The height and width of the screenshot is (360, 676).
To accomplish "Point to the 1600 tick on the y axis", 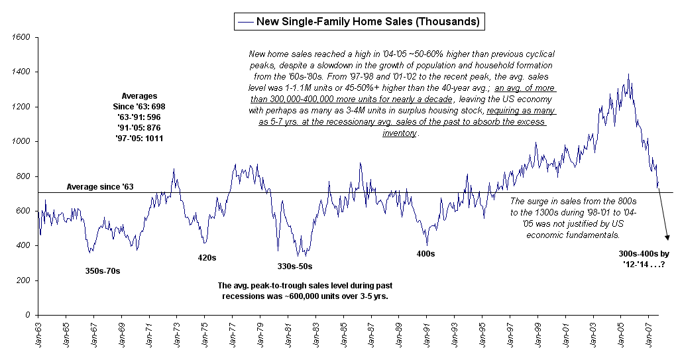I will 22,37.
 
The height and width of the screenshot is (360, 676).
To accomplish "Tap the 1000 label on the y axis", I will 22,141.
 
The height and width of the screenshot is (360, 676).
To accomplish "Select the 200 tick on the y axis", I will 24,280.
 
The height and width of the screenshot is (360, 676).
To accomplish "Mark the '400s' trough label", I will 425,254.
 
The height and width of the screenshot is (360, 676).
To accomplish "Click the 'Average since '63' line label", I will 100,188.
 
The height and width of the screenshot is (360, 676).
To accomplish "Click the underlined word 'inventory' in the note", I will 400,133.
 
